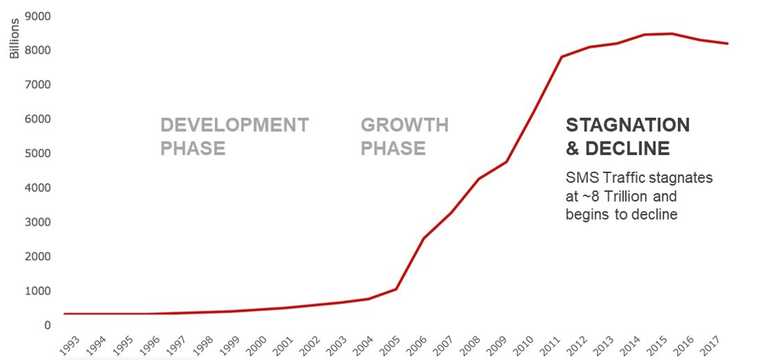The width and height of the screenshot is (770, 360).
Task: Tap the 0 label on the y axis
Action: coord(47,325)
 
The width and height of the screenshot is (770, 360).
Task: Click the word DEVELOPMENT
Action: coord(234,125)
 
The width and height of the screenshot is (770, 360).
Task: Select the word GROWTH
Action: coord(405,125)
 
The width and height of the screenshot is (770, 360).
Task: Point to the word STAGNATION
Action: coord(628,125)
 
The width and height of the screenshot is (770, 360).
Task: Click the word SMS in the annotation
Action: coord(579,178)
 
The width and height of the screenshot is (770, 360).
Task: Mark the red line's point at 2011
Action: coord(561,57)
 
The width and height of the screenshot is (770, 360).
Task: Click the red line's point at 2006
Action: coord(423,239)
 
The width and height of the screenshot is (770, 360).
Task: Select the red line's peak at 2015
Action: coord(672,33)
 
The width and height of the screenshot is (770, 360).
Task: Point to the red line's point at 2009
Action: coord(506,162)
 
